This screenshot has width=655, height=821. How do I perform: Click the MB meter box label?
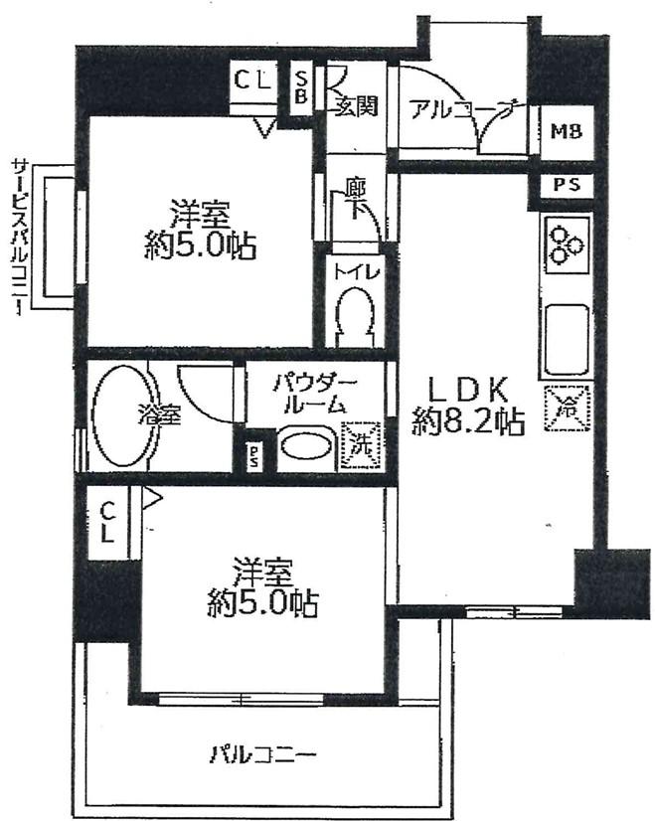[568, 131]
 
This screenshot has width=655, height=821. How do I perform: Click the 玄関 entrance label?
[356, 106]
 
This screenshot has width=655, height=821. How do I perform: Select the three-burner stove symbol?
[568, 245]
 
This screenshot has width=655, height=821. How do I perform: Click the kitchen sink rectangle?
[568, 338]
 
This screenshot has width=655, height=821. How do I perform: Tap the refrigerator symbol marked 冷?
[568, 408]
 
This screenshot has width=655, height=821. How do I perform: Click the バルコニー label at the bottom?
[263, 754]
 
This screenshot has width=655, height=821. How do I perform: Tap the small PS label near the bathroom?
[254, 456]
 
